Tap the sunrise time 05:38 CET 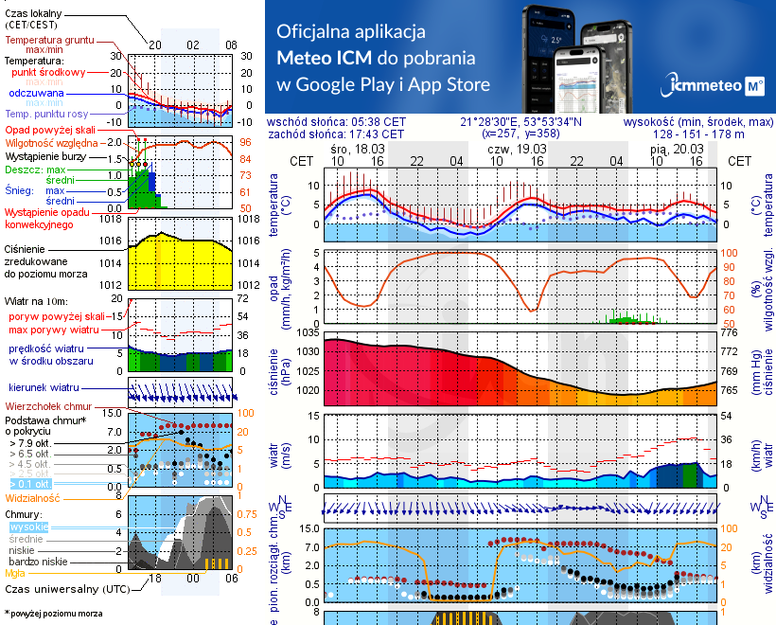pos(378,122)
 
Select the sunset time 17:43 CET pos(377,134)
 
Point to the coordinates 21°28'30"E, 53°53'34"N pos(521,122)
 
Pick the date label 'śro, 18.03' pos(358,149)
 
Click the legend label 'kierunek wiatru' pos(48,388)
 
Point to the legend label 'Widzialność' pos(33,497)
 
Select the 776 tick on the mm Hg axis pos(730,333)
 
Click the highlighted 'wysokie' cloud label pos(27,526)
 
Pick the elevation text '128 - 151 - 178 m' pos(699,134)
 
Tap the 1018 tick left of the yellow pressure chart pos(112,220)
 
